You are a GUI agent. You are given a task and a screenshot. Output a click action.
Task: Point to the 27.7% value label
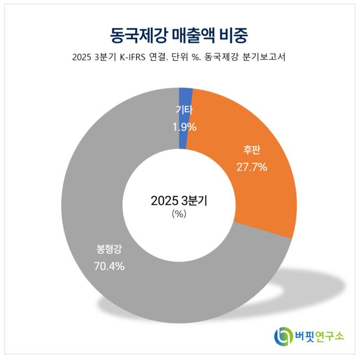252,166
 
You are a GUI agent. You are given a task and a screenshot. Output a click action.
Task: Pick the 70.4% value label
109,266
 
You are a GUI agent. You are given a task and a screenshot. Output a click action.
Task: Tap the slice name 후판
252,149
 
